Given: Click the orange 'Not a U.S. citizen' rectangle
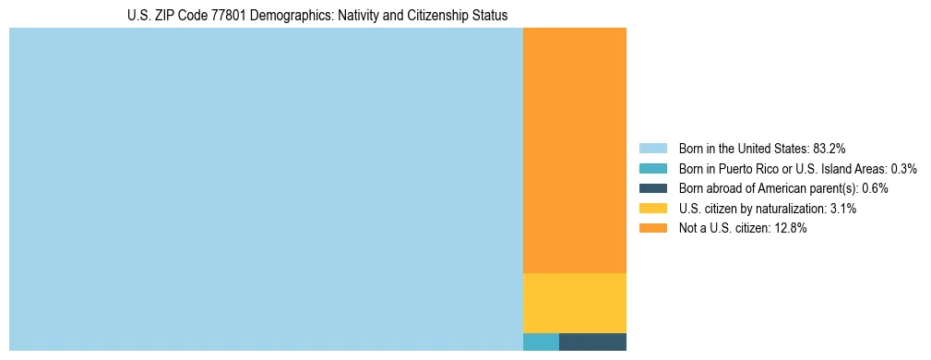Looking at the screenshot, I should [574, 150].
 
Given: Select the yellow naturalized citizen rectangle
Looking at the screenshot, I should [574, 303].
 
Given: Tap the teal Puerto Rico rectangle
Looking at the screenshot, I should [541, 342].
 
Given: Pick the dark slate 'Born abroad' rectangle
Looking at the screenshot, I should [592, 342].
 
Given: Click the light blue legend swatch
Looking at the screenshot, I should [652, 149].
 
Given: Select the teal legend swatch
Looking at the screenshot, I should [652, 169].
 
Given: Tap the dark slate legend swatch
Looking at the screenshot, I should [652, 188].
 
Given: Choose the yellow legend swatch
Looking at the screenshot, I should [652, 209].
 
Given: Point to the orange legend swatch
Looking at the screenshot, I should [652, 228].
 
